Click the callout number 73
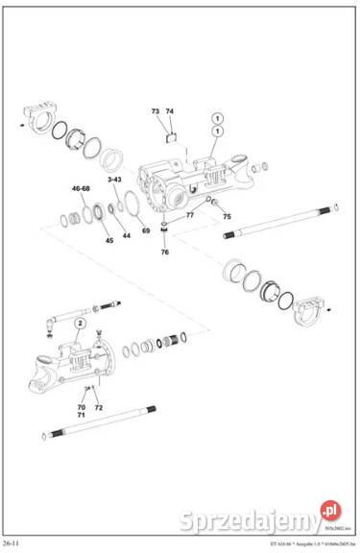coord(156,111)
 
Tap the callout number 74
coord(170,111)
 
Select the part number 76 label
coord(164,252)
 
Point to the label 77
coord(190,215)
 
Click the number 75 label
coord(227,216)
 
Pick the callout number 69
coord(146,231)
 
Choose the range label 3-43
coord(114,180)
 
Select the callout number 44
coord(126,235)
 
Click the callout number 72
coord(98,408)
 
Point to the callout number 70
coord(82,408)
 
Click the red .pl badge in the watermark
coord(333,508)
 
